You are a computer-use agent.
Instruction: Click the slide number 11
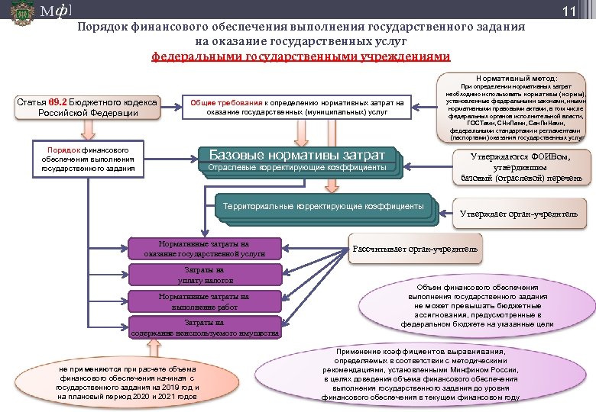568,11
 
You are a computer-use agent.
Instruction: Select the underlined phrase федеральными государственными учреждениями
301,56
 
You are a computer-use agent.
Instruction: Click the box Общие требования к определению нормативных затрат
297,106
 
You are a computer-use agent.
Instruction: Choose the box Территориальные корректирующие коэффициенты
322,207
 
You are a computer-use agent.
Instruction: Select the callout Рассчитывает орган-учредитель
415,249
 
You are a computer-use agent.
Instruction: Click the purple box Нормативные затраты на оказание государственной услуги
204,248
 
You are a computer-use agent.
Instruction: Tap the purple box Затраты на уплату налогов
204,275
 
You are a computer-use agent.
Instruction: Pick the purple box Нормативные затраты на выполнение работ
204,301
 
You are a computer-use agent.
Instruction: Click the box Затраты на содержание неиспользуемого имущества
204,327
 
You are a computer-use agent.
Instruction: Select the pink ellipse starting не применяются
128,382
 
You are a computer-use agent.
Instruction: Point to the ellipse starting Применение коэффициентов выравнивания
420,375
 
